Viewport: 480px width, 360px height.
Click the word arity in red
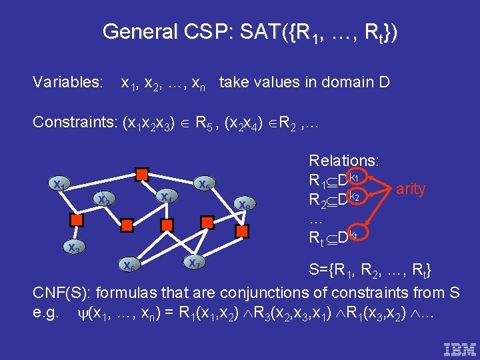(x=411, y=189)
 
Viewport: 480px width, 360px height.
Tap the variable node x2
(x=103, y=199)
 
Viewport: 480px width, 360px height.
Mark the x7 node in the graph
(x=193, y=262)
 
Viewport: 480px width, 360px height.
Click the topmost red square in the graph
(x=141, y=175)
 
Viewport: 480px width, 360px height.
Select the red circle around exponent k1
(x=356, y=178)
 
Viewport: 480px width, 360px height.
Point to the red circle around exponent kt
(x=356, y=234)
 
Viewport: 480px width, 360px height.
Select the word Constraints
(x=73, y=122)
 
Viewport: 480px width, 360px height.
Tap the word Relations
(x=344, y=161)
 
